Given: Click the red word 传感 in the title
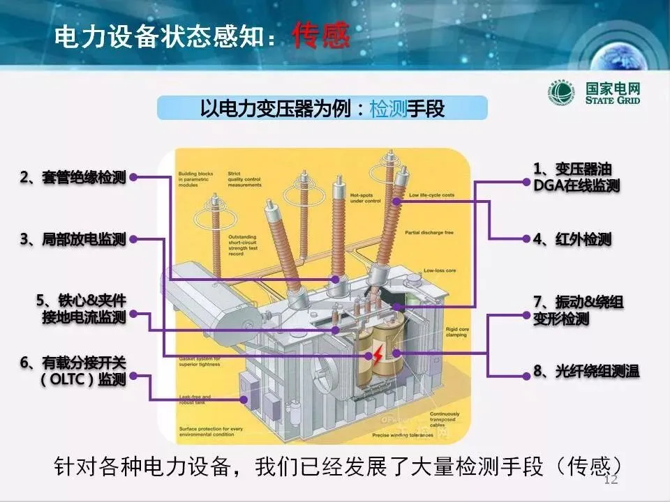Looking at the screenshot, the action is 321,36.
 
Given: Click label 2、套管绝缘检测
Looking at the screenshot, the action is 73,177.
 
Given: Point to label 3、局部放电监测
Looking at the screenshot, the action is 73,239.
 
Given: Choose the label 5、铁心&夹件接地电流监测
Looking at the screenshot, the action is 82,309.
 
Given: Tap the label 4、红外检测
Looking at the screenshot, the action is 572,239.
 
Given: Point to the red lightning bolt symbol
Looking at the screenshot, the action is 377,356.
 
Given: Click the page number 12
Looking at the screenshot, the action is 611,480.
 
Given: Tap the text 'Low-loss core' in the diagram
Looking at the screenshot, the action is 439,271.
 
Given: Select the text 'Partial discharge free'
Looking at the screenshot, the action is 431,232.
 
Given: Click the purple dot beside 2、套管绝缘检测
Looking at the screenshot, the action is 133,177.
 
